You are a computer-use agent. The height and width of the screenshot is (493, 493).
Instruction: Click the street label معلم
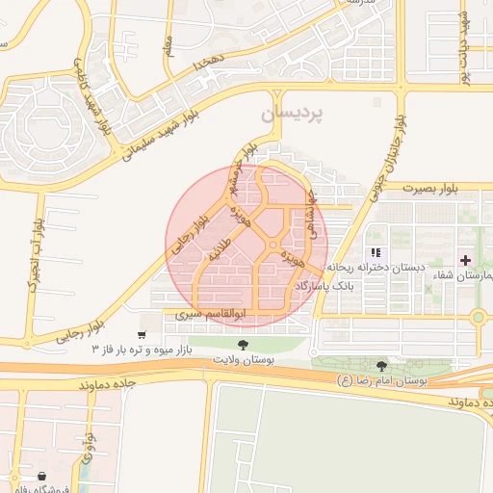[x=170, y=45]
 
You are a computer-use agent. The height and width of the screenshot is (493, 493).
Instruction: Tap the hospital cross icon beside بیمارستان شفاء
[x=466, y=260]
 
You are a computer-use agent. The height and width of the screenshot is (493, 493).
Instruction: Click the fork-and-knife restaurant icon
[x=376, y=252]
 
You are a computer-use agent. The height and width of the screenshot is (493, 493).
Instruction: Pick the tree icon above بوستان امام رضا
[x=382, y=367]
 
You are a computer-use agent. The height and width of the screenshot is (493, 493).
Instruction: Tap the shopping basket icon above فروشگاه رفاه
[x=41, y=476]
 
